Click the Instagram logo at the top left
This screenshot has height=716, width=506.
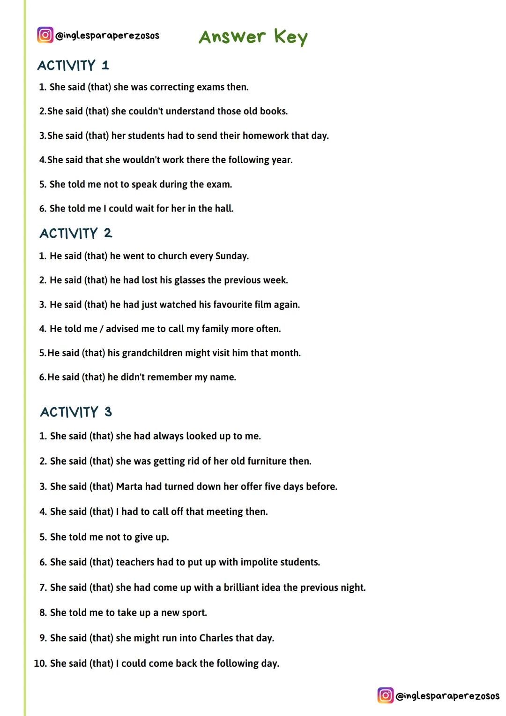click(x=45, y=35)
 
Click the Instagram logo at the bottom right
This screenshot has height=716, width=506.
click(x=386, y=695)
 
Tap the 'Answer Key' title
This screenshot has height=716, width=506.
click(x=253, y=37)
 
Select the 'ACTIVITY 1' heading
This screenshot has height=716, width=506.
click(x=73, y=66)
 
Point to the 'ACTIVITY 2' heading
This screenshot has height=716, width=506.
click(x=76, y=233)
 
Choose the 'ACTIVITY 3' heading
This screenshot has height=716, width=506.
click(x=76, y=412)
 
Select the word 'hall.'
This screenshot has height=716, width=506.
click(x=224, y=209)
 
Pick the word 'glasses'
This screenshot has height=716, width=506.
click(x=189, y=280)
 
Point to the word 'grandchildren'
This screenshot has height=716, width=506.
click(x=152, y=353)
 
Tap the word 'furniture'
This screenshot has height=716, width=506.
click(x=267, y=461)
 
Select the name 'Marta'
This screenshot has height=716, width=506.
click(x=129, y=487)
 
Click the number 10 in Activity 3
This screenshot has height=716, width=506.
click(x=40, y=663)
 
